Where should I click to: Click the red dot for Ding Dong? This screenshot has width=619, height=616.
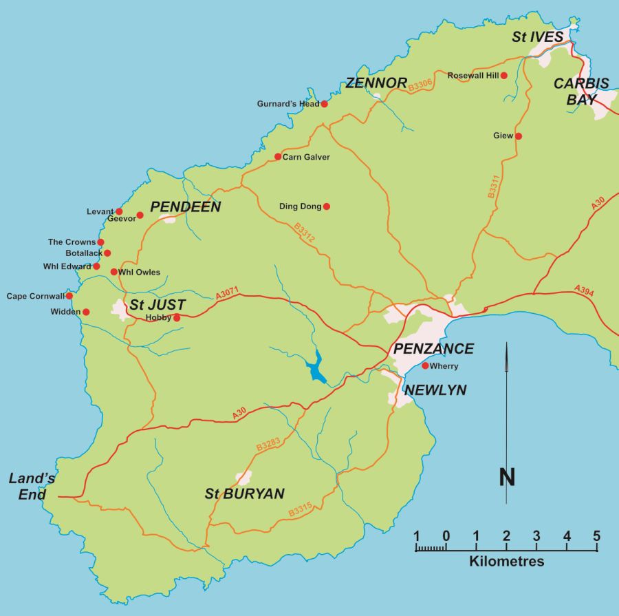[327, 206]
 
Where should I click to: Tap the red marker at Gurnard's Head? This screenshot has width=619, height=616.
[325, 104]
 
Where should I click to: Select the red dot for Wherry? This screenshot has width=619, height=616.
[425, 365]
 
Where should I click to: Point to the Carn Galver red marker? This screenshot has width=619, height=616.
[278, 157]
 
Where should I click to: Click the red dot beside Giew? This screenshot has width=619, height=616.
[519, 136]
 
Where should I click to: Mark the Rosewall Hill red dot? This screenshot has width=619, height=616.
[504, 75]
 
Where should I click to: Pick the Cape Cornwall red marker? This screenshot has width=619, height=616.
[69, 296]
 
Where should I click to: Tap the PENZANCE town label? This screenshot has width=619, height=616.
[433, 348]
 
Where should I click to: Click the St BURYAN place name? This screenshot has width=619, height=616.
[245, 493]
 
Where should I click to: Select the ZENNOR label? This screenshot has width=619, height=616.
[376, 83]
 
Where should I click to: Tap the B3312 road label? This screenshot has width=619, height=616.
[304, 231]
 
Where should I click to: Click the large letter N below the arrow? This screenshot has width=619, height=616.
[507, 476]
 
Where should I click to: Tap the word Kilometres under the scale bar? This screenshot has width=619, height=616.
[506, 562]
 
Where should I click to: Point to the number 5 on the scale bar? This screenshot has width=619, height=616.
[596, 536]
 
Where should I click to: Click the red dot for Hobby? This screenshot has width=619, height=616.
[177, 318]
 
